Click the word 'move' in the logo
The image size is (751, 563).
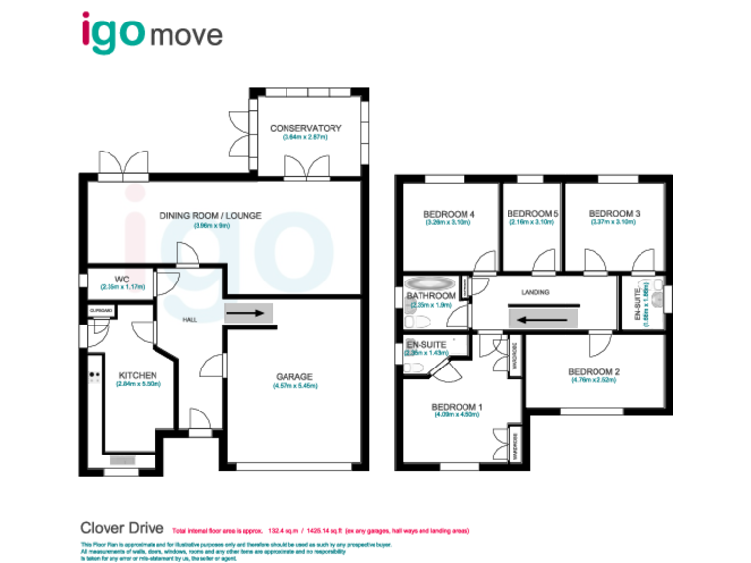point(186,36)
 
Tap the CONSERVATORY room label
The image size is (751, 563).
point(305,128)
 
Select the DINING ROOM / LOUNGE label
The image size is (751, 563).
point(212,215)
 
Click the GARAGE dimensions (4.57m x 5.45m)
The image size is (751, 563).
point(293,386)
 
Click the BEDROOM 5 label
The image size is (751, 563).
point(533,214)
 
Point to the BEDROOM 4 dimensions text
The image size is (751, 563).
point(448,223)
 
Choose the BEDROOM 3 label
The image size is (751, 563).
point(614,214)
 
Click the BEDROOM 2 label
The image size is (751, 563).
point(595,371)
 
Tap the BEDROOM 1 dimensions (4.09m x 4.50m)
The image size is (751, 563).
point(457,414)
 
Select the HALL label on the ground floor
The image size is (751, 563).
point(193,319)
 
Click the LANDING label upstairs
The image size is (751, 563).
point(534,292)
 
